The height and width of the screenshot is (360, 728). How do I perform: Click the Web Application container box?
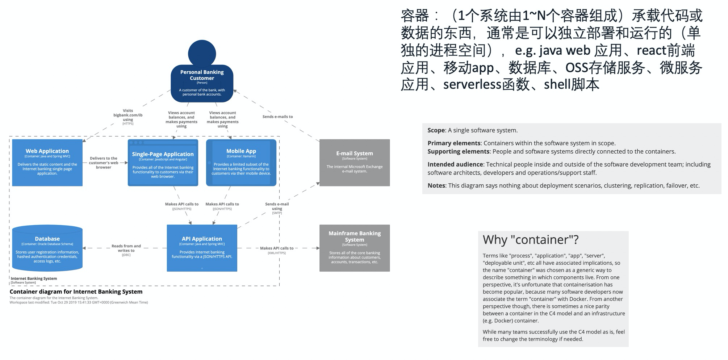(x=47, y=163)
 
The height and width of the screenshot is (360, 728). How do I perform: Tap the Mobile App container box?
(x=241, y=163)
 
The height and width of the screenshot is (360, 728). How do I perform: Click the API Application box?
(x=202, y=248)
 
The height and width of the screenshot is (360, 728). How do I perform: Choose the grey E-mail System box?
(x=354, y=163)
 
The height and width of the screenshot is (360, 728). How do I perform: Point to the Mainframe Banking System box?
(x=354, y=248)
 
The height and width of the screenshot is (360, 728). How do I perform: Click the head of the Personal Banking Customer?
(x=202, y=53)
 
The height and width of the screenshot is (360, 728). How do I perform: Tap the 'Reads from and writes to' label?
(x=126, y=248)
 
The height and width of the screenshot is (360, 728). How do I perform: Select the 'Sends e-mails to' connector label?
(x=277, y=117)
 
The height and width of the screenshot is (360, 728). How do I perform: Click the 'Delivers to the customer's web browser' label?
(x=104, y=163)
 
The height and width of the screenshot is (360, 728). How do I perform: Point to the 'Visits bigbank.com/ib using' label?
(x=128, y=115)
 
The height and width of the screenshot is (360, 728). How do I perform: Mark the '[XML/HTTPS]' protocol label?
(x=277, y=253)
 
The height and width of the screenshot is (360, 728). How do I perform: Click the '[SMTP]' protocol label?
(x=277, y=213)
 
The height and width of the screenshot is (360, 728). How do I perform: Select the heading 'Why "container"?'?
(x=531, y=240)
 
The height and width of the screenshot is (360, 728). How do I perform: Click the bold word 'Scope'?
(x=436, y=130)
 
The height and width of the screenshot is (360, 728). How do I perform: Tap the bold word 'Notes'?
(x=436, y=185)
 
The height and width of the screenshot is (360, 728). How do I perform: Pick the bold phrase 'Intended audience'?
(x=455, y=164)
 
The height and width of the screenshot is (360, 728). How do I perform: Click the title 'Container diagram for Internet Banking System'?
(x=76, y=292)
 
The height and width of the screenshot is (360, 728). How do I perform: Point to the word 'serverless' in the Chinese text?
(x=472, y=84)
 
